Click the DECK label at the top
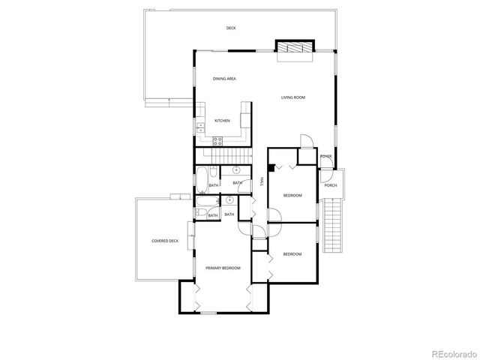click(231, 28)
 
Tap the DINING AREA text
click(225, 79)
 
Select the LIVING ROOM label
click(293, 97)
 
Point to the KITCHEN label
click(223, 121)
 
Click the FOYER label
click(325, 156)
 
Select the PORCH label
click(330, 185)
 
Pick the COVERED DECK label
click(165, 241)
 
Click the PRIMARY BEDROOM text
click(223, 268)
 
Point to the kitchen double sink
click(200, 128)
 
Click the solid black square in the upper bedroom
click(271, 169)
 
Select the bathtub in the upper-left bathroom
click(203, 179)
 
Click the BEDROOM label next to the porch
click(292, 196)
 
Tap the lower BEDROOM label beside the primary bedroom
click(292, 254)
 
